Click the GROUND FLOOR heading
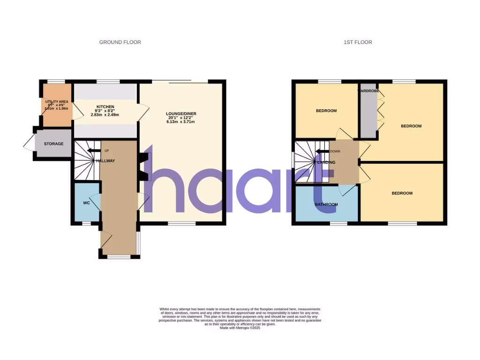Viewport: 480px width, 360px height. click(120, 42)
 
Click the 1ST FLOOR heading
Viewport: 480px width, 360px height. click(358, 42)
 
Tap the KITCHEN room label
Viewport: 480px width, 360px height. click(105, 106)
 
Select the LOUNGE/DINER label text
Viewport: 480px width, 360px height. click(180, 113)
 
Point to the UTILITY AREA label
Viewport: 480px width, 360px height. click(57, 101)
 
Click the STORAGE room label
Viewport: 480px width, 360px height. click(53, 144)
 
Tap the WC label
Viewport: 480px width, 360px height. click(86, 203)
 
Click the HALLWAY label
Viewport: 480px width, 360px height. click(105, 161)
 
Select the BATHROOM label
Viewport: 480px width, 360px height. click(326, 204)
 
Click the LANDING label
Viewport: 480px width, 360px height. click(326, 163)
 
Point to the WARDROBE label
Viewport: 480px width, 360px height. click(368, 91)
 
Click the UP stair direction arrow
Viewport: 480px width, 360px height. click(94, 151)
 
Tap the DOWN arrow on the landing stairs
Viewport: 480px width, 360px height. click(322, 151)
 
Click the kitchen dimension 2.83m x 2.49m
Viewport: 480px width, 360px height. click(105, 115)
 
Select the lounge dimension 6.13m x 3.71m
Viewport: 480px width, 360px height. click(180, 122)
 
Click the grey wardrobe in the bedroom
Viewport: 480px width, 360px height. click(368, 115)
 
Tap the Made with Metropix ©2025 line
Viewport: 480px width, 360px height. click(240, 328)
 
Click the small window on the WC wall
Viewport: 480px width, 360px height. click(86, 224)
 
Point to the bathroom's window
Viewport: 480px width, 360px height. click(338, 224)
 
